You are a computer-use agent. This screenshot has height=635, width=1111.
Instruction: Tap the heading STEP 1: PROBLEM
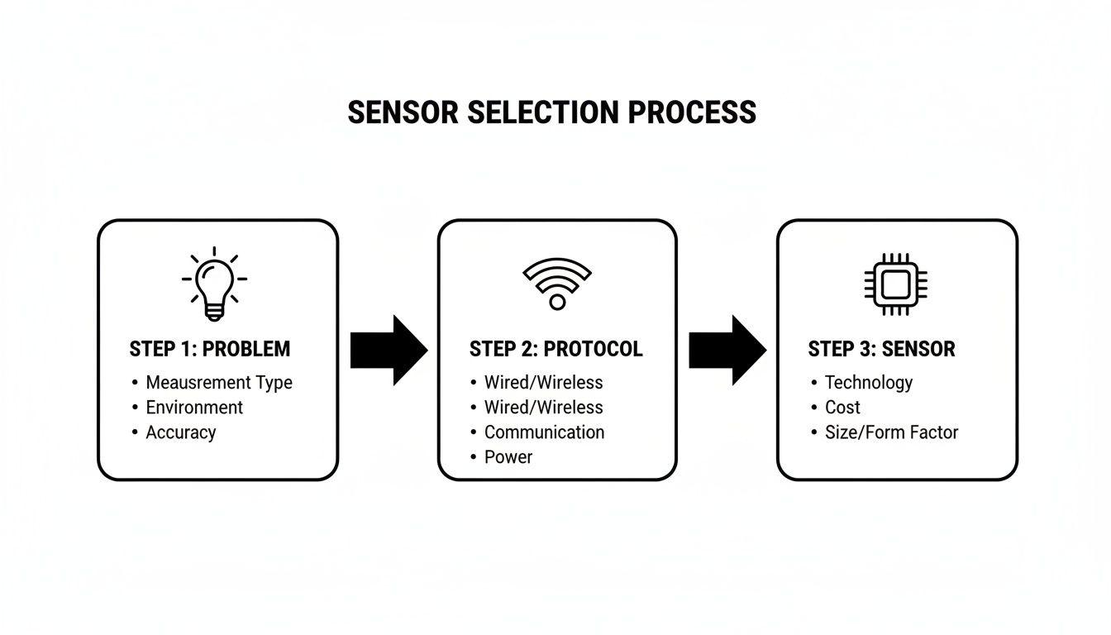click(x=210, y=349)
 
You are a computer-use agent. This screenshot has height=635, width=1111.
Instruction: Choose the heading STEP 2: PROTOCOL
click(x=555, y=349)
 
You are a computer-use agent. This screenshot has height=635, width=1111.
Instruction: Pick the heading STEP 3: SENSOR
click(x=881, y=349)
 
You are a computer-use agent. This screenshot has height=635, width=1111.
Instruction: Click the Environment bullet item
click(x=194, y=408)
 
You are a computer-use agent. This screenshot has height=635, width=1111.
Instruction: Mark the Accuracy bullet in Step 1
click(x=181, y=432)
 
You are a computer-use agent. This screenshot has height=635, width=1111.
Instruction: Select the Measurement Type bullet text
click(x=219, y=383)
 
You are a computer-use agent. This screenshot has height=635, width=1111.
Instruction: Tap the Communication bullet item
click(x=544, y=432)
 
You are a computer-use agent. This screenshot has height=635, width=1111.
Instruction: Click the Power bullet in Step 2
click(x=508, y=457)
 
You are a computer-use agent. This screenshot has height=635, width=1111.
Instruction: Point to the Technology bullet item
click(x=869, y=383)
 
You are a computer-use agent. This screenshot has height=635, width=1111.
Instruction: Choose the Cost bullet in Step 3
click(x=842, y=408)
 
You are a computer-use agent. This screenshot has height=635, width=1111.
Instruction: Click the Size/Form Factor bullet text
click(x=891, y=432)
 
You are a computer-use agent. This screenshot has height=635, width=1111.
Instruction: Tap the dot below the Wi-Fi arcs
click(x=557, y=303)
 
